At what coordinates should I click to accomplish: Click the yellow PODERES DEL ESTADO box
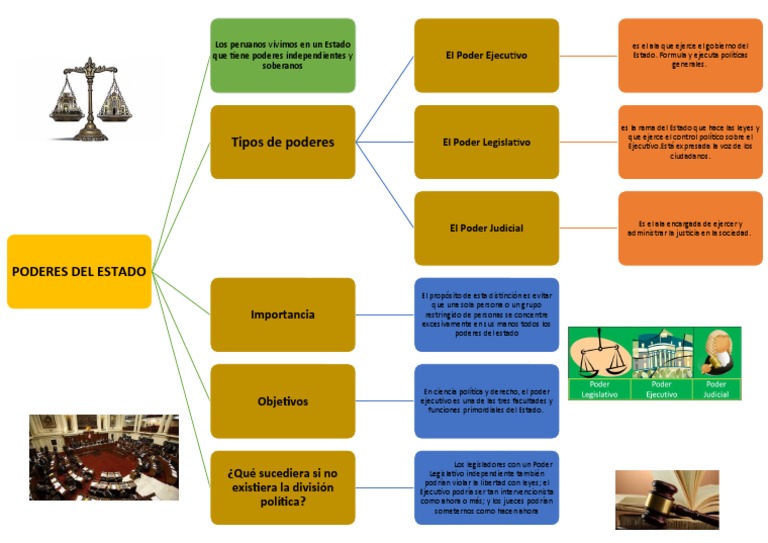tap(79, 271)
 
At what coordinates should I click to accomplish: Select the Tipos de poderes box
tap(283, 142)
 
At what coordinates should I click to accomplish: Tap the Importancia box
tap(283, 315)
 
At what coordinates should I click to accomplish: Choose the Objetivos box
tap(283, 401)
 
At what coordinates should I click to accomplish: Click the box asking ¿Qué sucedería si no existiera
tap(283, 487)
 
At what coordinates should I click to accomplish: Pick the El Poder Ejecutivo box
tap(486, 55)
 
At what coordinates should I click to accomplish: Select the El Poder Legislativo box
tap(486, 142)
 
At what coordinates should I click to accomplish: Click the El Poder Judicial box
tap(486, 228)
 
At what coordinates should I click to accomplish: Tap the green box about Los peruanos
tap(283, 55)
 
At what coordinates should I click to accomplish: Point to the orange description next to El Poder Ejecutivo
tap(690, 55)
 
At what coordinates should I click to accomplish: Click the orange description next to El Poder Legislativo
tap(690, 142)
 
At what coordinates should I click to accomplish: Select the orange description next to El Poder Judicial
tap(690, 228)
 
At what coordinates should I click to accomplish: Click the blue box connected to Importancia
tap(486, 315)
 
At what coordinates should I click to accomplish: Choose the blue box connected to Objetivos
tap(486, 401)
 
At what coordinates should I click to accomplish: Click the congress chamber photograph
tap(104, 457)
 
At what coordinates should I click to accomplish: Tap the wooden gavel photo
tap(666, 499)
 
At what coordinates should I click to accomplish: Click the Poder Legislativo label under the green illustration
tap(600, 389)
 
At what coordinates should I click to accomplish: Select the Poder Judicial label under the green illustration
tap(716, 389)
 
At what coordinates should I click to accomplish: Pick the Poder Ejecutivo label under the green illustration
tap(661, 389)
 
